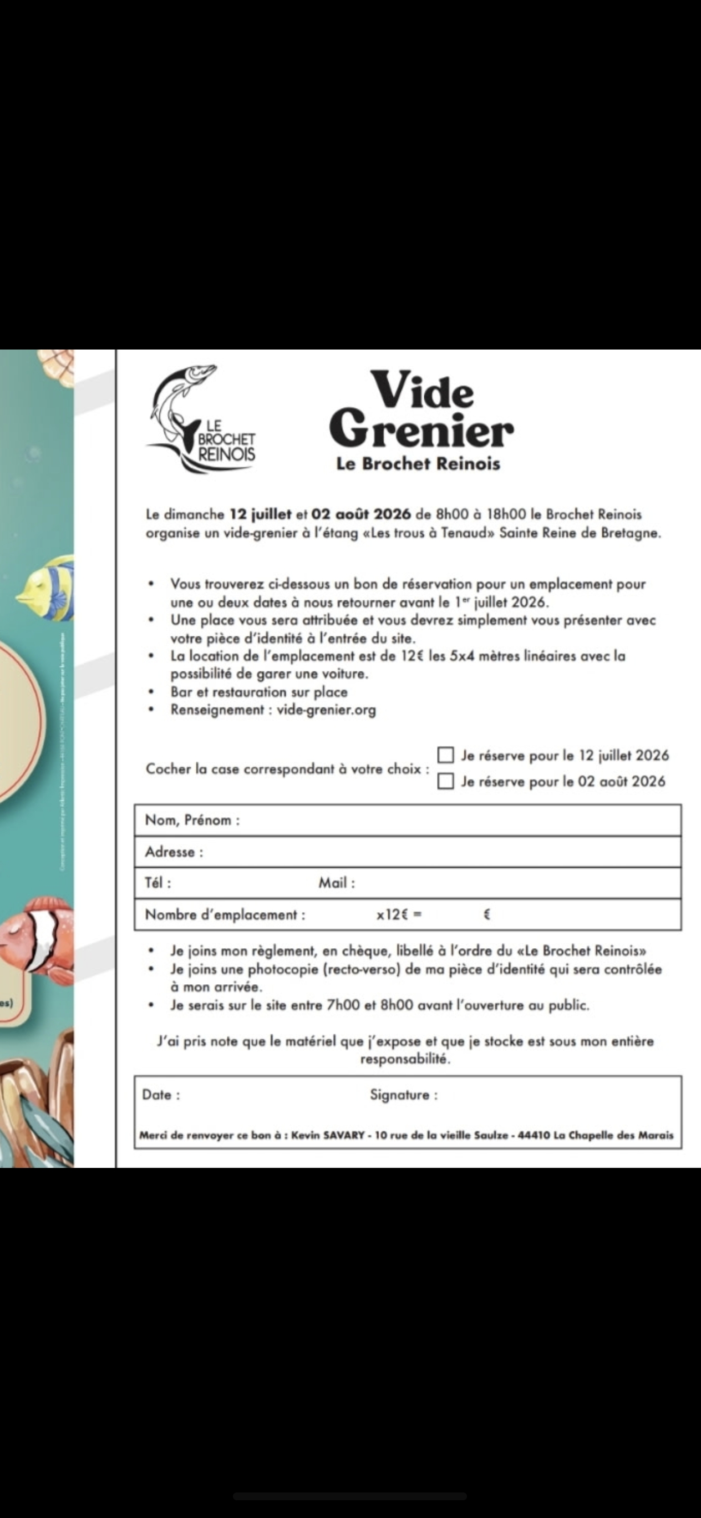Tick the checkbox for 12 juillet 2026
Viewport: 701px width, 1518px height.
click(446, 755)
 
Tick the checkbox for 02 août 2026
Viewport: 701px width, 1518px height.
click(446, 781)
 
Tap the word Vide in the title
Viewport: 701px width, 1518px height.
click(422, 389)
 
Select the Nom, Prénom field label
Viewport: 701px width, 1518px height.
click(192, 819)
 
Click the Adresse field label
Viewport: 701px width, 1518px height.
click(174, 852)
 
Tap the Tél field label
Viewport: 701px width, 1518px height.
click(158, 883)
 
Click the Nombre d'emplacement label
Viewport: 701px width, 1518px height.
click(225, 914)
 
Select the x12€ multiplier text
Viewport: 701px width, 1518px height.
click(399, 914)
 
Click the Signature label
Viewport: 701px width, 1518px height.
click(404, 1095)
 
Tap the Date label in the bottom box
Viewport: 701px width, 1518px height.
click(161, 1095)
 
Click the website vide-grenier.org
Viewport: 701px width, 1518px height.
click(326, 710)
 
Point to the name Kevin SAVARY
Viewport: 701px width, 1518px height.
click(328, 1135)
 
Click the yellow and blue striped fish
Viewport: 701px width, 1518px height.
click(47, 589)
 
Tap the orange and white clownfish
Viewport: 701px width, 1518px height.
click(35, 937)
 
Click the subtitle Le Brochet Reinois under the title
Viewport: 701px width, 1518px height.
click(418, 464)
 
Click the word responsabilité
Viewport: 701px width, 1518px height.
click(405, 1059)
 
